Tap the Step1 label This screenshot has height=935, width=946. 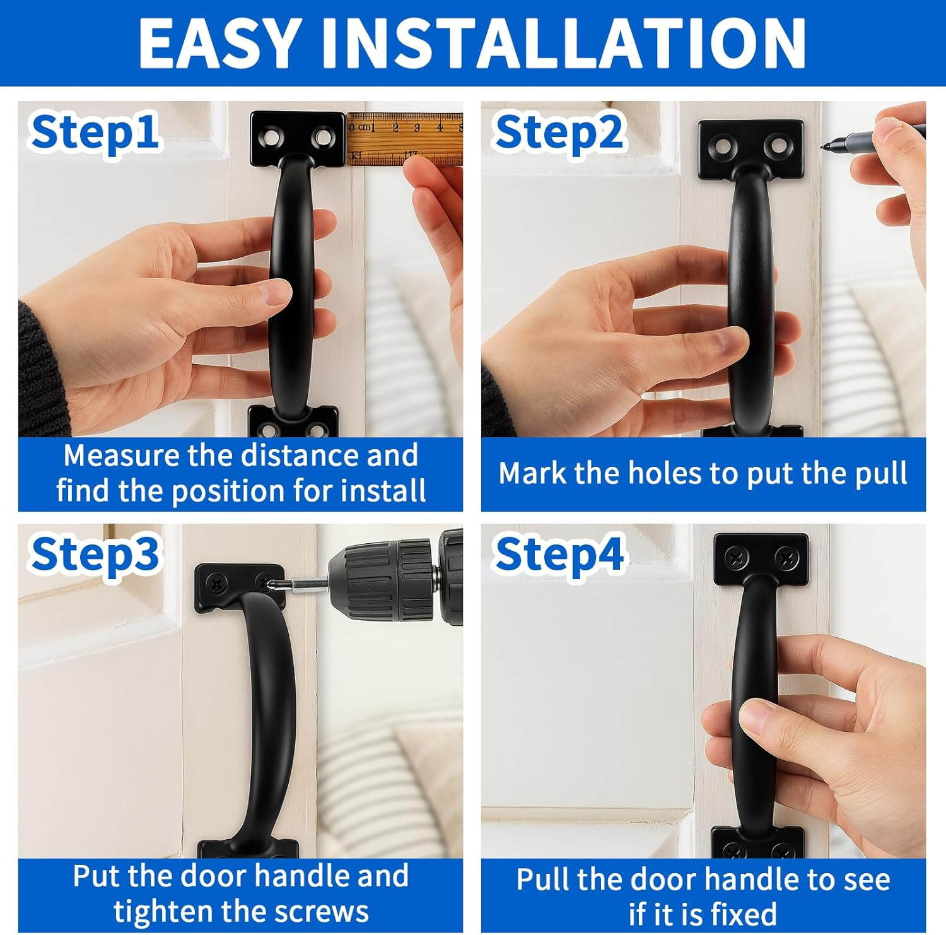pos(95,132)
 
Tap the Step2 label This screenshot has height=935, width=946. pos(559,132)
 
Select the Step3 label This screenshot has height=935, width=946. pos(95,554)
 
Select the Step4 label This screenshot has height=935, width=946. pos(559,554)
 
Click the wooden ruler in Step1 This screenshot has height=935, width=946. pos(404,139)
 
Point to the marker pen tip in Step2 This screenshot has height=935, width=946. pos(824,146)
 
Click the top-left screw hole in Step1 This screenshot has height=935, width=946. pos(273,136)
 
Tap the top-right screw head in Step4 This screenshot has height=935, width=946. pos(786,556)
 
